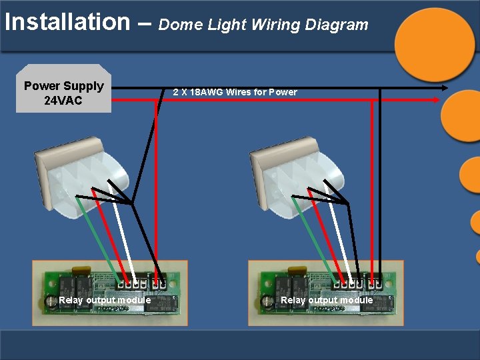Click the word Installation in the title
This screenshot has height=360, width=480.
[67, 22]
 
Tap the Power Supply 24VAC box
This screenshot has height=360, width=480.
[63, 89]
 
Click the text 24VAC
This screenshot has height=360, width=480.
[63, 101]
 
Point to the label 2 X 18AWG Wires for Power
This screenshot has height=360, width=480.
[235, 92]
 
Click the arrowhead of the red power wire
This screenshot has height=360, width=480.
[437, 99]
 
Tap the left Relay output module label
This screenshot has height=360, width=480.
[105, 300]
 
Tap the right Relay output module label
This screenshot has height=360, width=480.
[327, 300]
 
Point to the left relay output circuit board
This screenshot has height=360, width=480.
[110, 293]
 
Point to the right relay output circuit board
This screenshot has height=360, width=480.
[325, 293]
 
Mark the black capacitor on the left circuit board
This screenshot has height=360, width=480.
[51, 302]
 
